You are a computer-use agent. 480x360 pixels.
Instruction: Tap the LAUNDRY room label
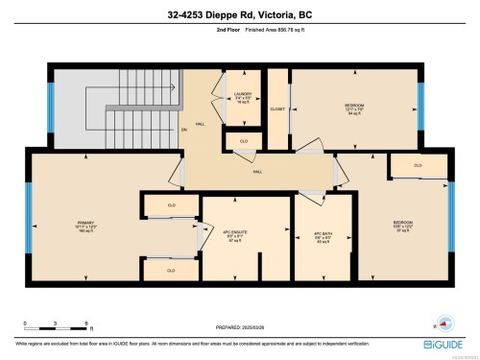(x=242, y=95)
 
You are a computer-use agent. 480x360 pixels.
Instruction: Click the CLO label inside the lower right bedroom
(x=417, y=165)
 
